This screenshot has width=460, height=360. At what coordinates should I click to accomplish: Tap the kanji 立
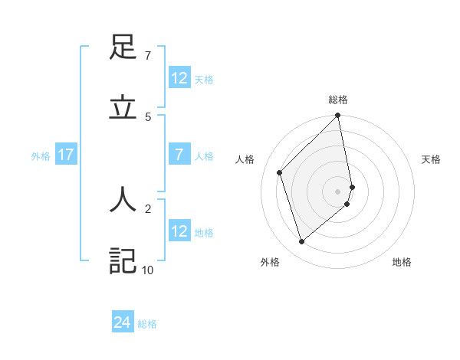click(x=123, y=108)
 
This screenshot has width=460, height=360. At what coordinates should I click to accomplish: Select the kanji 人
click(x=123, y=200)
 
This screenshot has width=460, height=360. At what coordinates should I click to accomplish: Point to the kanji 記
click(x=123, y=260)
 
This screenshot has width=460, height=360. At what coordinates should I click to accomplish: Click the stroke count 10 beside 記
click(x=147, y=270)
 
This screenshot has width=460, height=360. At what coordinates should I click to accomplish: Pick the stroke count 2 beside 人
click(x=147, y=208)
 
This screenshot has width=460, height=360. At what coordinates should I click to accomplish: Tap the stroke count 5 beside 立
click(x=147, y=116)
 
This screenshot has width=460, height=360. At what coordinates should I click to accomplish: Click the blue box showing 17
click(x=66, y=155)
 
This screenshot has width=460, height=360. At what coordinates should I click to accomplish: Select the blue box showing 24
click(x=123, y=322)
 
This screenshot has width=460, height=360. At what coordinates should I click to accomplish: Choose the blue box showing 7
click(x=179, y=155)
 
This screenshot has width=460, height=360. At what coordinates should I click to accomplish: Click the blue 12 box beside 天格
click(x=179, y=78)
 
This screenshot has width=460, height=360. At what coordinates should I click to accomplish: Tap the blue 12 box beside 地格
click(x=179, y=231)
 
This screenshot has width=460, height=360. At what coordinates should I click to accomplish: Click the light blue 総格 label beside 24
click(x=147, y=324)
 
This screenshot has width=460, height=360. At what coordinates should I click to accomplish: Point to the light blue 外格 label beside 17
click(x=41, y=156)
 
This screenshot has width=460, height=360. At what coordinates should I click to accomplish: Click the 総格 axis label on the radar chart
click(x=338, y=100)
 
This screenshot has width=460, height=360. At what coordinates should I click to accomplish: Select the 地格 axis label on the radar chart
click(x=402, y=262)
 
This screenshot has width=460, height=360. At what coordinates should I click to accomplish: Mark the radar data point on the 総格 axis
click(x=338, y=116)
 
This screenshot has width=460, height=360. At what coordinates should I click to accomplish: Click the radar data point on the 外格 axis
click(x=301, y=242)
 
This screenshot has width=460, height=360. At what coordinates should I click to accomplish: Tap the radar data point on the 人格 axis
click(x=280, y=172)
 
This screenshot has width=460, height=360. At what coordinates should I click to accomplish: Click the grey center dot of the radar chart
click(x=338, y=191)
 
